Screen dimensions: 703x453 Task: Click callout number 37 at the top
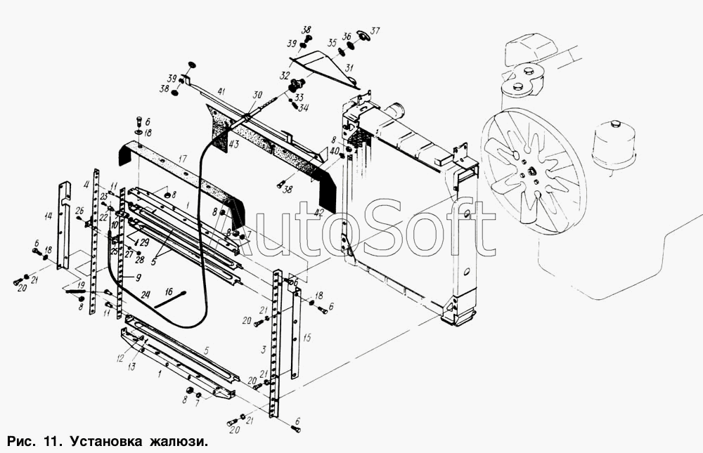click(375, 30)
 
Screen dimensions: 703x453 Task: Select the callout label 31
click(349, 67)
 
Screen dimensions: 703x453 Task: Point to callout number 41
click(221, 91)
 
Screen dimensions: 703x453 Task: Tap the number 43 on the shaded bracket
click(233, 145)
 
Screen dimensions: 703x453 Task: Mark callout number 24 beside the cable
click(146, 295)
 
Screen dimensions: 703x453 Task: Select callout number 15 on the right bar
click(307, 338)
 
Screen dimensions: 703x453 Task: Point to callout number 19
click(82, 284)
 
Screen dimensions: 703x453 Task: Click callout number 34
click(303, 108)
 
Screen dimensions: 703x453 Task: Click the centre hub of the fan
click(532, 171)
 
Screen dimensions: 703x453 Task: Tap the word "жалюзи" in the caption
click(178, 442)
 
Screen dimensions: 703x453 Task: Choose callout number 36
click(346, 37)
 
